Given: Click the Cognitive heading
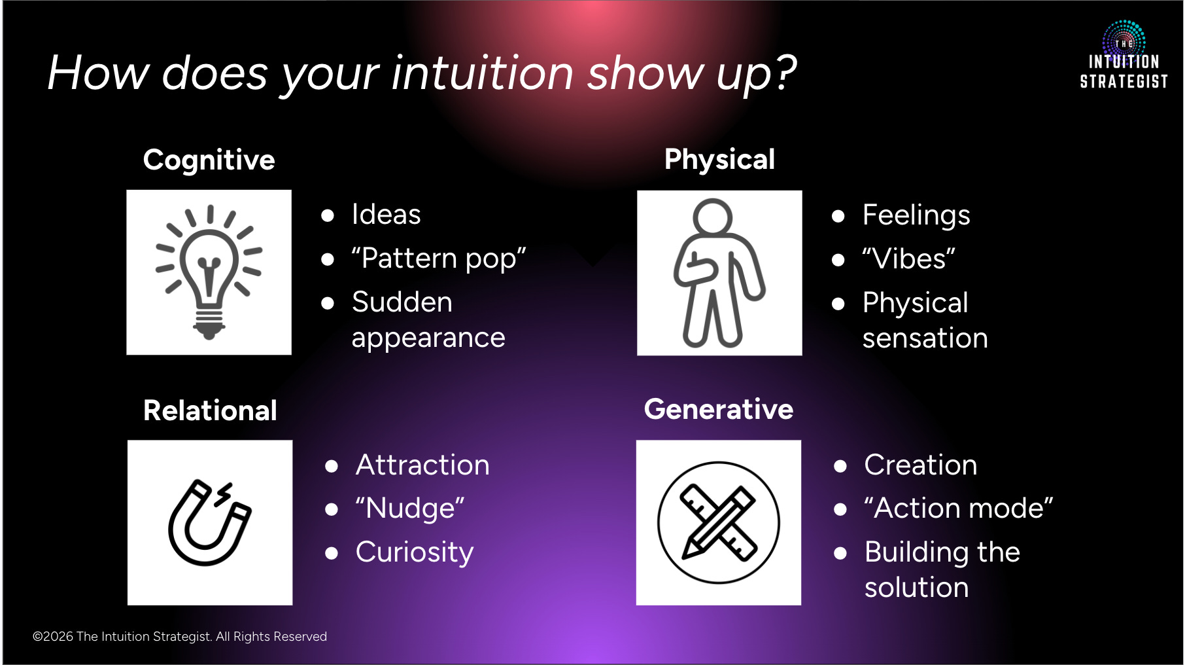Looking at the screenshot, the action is pos(209,160).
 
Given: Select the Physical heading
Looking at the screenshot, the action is pos(719,160).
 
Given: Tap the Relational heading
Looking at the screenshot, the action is pos(210,410).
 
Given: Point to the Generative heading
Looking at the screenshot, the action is pos(719,409).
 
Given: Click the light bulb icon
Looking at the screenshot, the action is pos(209,272).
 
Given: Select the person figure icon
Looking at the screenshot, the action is pos(719,273).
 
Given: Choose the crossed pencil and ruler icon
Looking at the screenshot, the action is pos(719,522).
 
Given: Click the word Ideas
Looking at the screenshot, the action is pos(386,215).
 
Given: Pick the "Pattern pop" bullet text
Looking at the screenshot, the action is pos(439,259).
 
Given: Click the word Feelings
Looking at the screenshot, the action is pos(916,215).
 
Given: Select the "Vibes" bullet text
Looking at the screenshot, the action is pos(909,259).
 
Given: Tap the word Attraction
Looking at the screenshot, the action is pos(422,465).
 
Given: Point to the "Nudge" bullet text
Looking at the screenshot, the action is pos(410,509).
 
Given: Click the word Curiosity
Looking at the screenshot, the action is pos(415,552).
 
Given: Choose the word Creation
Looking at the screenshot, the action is pos(921,465).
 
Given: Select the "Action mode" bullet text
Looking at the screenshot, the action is pos(959,508).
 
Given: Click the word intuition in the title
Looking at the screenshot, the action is pos(483,73).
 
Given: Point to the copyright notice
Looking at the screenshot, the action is pos(180,636).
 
